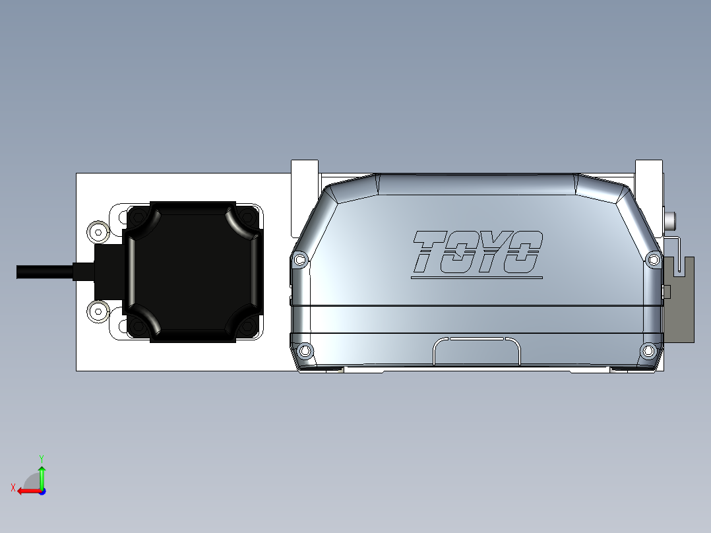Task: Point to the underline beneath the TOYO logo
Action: pyautogui.click(x=476, y=278)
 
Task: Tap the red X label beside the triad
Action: pyautogui.click(x=13, y=487)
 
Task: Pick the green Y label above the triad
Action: pyautogui.click(x=42, y=457)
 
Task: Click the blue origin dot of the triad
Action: pyautogui.click(x=42, y=491)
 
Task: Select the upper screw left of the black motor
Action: pyautogui.click(x=98, y=231)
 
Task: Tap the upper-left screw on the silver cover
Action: pyautogui.click(x=301, y=259)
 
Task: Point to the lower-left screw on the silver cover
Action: pyautogui.click(x=305, y=350)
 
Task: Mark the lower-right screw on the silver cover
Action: pyautogui.click(x=648, y=350)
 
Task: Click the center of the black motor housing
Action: pyautogui.click(x=193, y=272)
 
